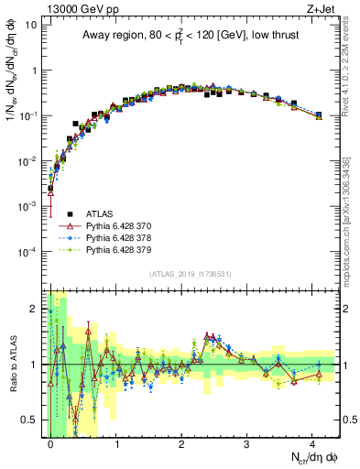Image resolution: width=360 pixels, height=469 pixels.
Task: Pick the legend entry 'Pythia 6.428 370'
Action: coord(120,225)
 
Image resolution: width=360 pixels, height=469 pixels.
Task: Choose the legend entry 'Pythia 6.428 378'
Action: coord(120,237)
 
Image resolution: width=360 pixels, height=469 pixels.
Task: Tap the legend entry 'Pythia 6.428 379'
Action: coord(120,249)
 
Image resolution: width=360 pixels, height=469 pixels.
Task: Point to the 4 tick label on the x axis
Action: coord(312,442)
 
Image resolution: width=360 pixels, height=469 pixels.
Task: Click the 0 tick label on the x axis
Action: coord(51,442)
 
